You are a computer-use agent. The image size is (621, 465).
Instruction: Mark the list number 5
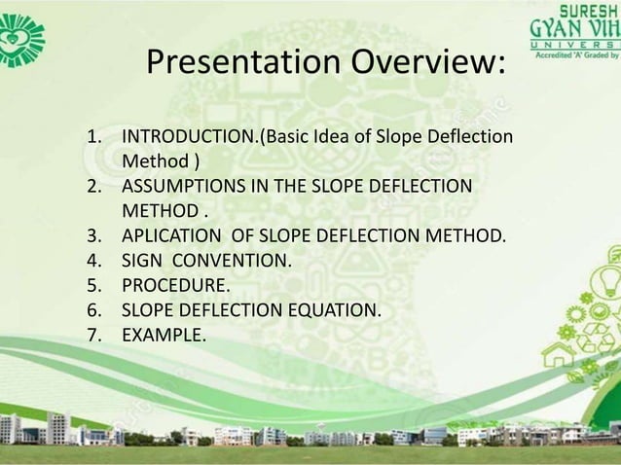[94, 286]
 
